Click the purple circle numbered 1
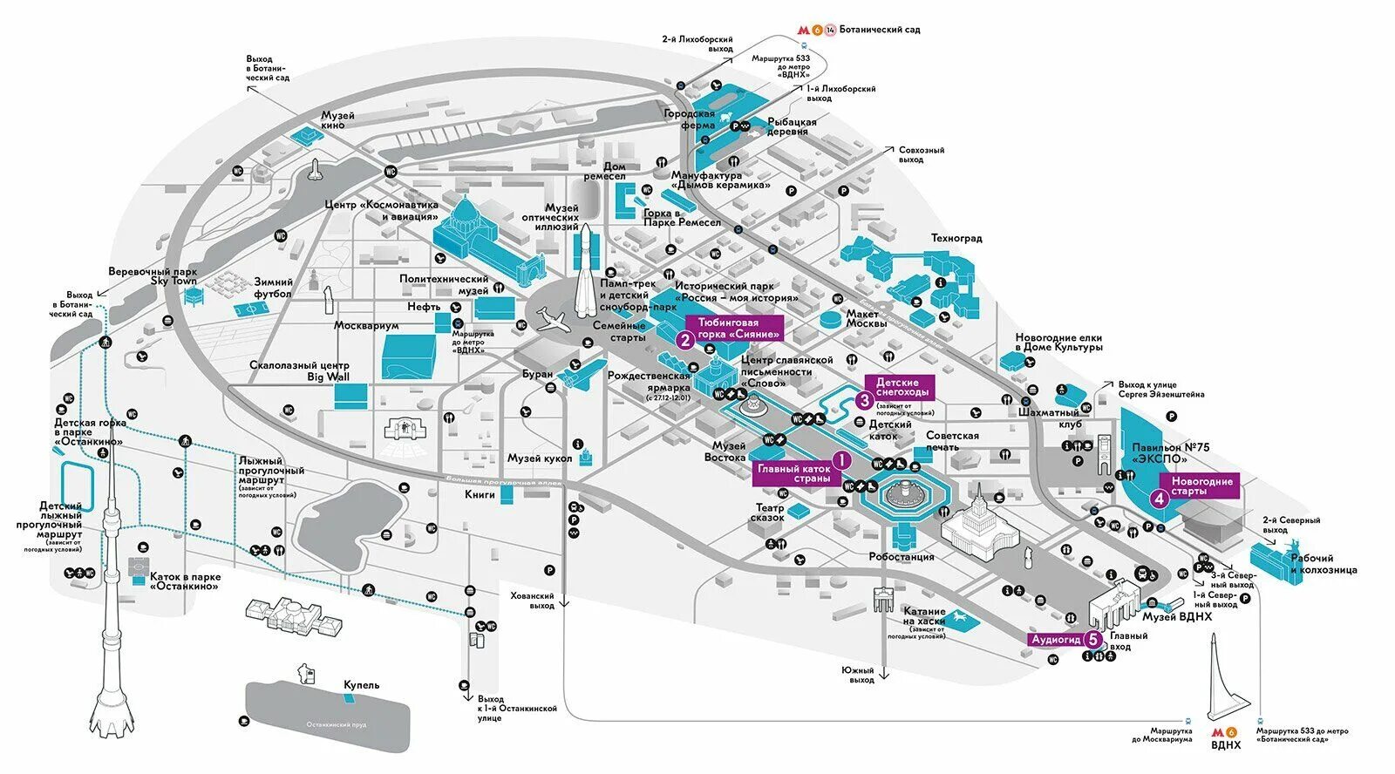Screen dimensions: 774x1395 (841, 459)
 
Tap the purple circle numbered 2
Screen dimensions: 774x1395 (685, 340)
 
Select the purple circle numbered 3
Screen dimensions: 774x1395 (864, 400)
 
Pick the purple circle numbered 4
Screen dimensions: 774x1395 (1159, 499)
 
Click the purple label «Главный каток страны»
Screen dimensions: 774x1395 (793, 473)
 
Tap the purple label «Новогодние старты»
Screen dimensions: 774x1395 (1202, 485)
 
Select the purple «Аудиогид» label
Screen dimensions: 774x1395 (1056, 640)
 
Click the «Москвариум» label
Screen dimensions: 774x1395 (366, 326)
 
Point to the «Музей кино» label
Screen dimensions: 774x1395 (337, 120)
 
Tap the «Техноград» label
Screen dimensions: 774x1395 (956, 238)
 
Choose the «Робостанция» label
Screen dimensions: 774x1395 (902, 557)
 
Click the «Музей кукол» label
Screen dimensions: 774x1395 (540, 458)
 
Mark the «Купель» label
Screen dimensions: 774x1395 (361, 685)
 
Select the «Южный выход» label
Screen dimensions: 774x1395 (857, 675)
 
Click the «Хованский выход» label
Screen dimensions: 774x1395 (532, 601)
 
